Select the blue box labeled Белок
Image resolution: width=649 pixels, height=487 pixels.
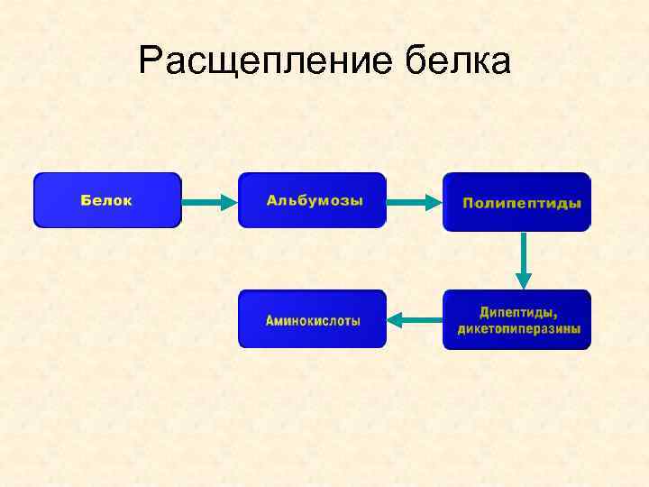107,200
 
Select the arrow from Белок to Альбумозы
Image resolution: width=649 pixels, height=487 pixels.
209,201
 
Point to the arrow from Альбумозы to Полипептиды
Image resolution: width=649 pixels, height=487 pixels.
414,201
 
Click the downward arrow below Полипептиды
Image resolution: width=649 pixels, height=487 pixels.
524,261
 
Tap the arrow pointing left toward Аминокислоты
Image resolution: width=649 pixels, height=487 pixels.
415,318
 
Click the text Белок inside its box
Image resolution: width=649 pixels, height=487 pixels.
106,200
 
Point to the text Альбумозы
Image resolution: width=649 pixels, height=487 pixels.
315,200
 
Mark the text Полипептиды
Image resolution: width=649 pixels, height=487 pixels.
522,204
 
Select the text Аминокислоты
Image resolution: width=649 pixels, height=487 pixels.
313,320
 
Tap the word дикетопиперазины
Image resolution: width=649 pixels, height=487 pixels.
519,329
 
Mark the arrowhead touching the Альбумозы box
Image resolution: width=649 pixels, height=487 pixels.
229,201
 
